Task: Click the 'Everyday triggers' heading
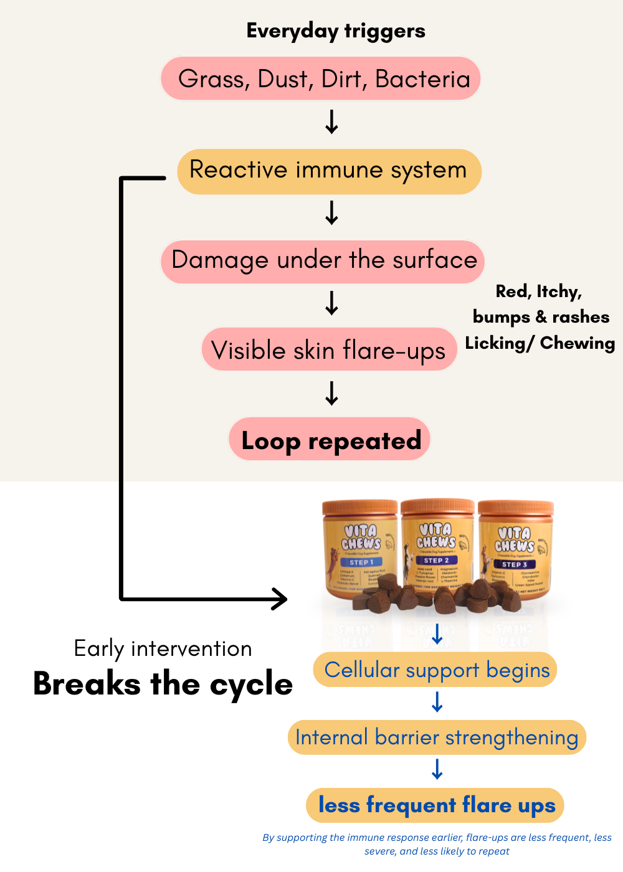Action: coord(336,31)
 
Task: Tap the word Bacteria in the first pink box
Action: coord(422,80)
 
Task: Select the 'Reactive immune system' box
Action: coord(329,171)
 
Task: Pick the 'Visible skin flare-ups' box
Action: coord(329,350)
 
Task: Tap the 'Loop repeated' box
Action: coord(331,440)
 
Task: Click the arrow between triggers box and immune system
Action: coord(332,122)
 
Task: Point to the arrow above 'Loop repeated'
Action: coord(332,394)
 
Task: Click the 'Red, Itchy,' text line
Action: coord(538,291)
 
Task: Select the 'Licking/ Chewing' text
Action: coord(540,343)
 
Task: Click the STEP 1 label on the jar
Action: coord(361,562)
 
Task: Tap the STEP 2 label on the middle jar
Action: coord(437,561)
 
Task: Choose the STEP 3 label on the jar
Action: coord(515,564)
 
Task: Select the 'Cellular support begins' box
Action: coord(437,670)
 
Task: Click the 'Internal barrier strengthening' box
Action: coord(437,737)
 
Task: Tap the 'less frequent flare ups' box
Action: coord(436,805)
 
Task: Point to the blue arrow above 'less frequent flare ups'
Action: coord(437,770)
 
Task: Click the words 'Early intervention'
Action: coord(163,649)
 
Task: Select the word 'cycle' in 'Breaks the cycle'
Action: coord(251,685)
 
